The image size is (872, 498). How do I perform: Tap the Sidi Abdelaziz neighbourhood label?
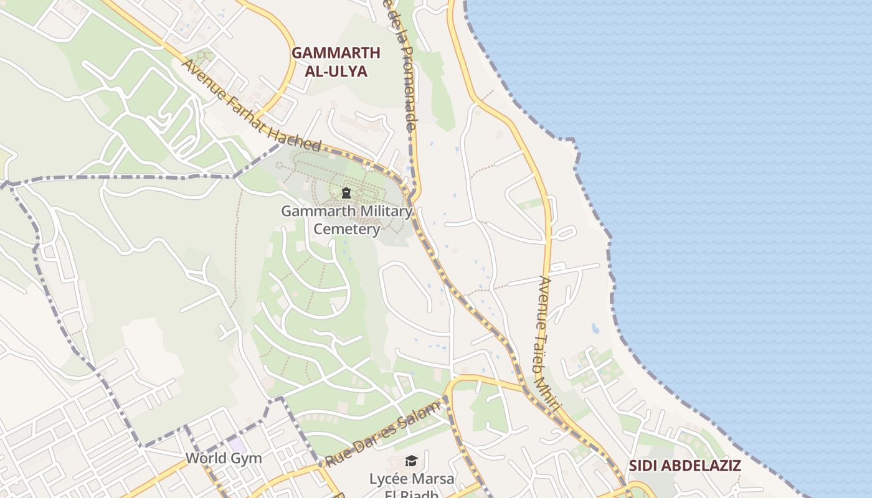[685, 466]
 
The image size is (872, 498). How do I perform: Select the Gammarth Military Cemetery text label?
[346, 220]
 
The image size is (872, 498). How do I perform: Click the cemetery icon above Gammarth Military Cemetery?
[346, 194]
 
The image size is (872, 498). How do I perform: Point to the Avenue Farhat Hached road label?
[252, 106]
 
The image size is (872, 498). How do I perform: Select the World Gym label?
[224, 459]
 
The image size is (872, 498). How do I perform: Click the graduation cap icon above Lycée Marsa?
[411, 461]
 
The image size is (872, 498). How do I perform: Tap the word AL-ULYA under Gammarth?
[336, 71]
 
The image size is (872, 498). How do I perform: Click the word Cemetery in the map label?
[346, 229]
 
